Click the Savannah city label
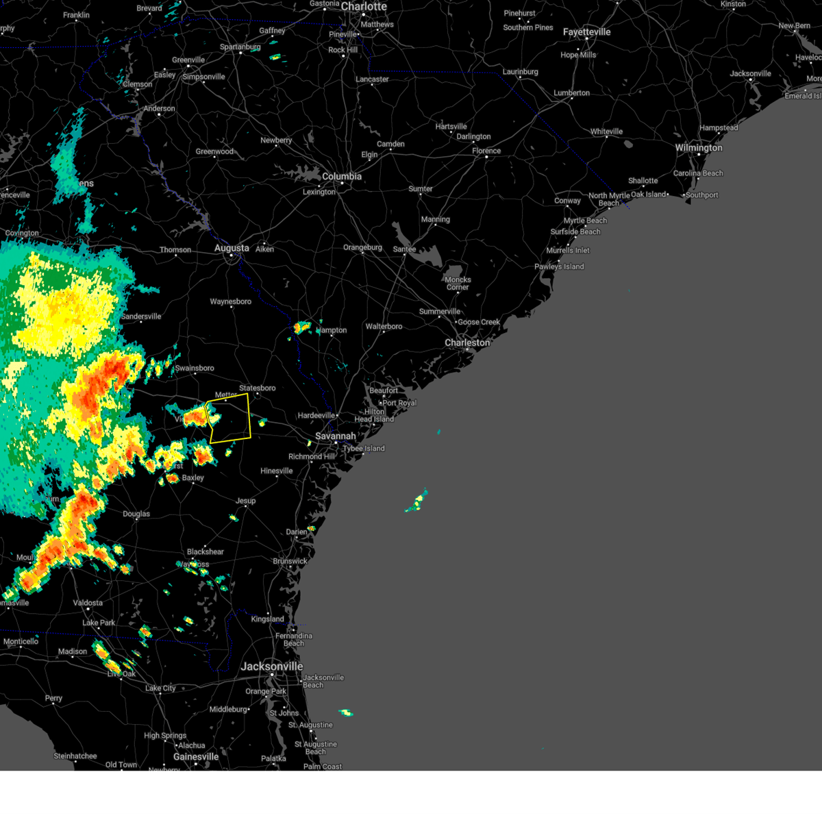[336, 436]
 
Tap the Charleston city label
[467, 342]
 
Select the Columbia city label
[342, 177]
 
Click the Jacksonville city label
[272, 667]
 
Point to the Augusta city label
[232, 248]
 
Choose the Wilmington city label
[699, 148]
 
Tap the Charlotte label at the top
[364, 7]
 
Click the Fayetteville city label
[586, 32]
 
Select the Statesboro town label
[257, 388]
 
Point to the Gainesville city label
[196, 757]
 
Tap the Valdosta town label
[88, 603]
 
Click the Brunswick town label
[290, 561]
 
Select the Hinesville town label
[277, 471]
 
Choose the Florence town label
[486, 151]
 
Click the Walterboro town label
[384, 326]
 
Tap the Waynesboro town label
[230, 301]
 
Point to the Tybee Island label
[364, 449]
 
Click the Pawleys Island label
[559, 266]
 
